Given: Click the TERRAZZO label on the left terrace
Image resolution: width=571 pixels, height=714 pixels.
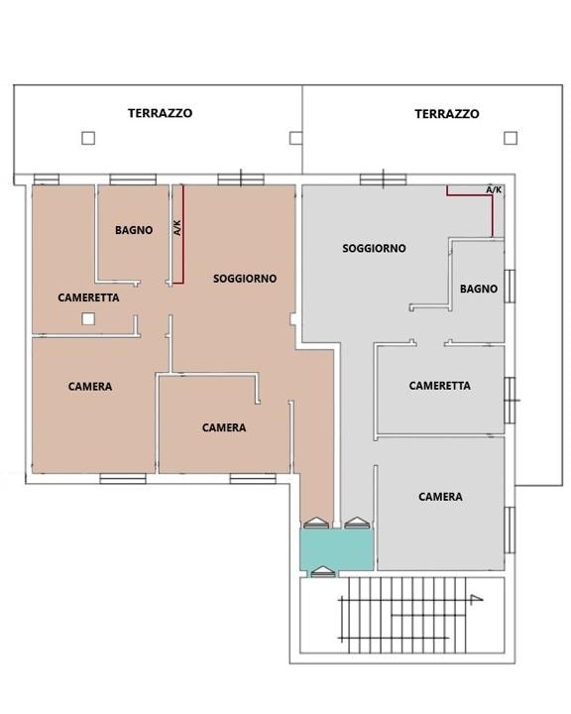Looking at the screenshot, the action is (x=160, y=113).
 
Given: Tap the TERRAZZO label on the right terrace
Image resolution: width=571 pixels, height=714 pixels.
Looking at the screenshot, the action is (x=447, y=114).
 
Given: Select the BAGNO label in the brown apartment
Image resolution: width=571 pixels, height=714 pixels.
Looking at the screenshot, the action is (x=134, y=230).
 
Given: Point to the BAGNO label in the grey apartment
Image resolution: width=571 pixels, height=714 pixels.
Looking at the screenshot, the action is (x=479, y=289).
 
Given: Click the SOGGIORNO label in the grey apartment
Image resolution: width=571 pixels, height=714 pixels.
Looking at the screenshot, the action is (x=374, y=248).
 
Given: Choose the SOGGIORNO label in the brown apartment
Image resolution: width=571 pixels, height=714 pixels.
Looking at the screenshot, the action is (x=245, y=279).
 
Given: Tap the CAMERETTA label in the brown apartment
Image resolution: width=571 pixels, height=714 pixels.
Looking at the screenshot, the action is (x=88, y=297).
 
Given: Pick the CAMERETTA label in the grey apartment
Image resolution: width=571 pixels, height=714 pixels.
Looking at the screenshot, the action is (x=439, y=386).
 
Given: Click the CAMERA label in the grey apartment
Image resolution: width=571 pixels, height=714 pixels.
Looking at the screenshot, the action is (x=440, y=497).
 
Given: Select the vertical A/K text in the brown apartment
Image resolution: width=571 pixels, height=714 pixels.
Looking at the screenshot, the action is (x=177, y=228).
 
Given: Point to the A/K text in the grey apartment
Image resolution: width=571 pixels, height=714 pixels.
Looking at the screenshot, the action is (x=494, y=189).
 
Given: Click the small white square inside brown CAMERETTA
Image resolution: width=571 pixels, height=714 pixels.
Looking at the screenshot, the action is (x=88, y=318).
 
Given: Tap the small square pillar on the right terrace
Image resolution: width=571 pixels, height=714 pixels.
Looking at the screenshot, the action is (x=511, y=138).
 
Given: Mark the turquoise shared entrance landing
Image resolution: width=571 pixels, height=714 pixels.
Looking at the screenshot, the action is (x=336, y=549).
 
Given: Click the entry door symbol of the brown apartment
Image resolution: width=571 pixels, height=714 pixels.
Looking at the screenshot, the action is (x=316, y=523).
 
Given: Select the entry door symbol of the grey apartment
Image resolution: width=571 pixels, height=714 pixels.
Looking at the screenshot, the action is (x=357, y=523).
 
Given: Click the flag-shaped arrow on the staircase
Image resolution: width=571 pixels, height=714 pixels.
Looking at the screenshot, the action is (x=476, y=599).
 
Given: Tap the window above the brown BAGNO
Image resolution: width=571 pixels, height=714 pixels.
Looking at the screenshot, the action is (x=133, y=179).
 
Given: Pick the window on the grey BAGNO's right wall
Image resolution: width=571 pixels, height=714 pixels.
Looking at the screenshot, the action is (x=510, y=286).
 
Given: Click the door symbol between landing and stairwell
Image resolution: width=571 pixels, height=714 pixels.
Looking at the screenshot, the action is (x=323, y=572).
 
